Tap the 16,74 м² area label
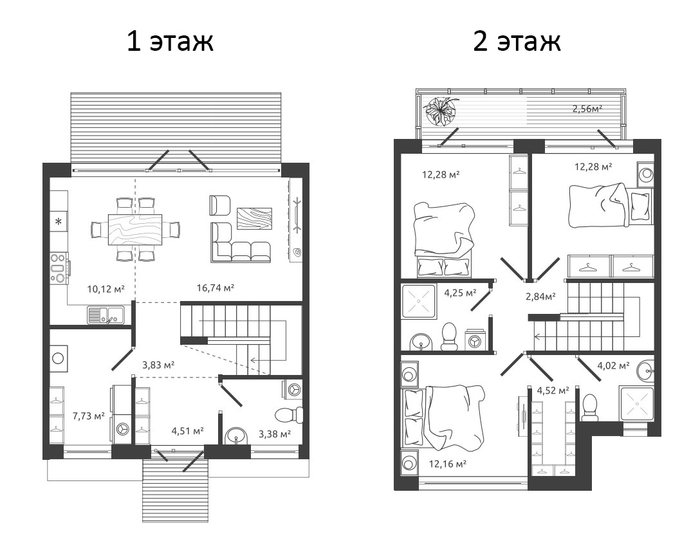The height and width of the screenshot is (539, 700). coord(214,288)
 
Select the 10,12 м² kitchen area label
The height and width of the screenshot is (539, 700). coord(106,289)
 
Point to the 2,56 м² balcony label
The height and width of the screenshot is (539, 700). coord(587,109)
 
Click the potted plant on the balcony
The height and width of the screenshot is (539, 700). coord(442,111)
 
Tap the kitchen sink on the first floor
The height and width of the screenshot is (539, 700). coord(106,315)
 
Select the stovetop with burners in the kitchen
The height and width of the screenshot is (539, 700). coord(58,268)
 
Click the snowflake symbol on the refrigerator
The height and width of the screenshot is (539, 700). coord(58,222)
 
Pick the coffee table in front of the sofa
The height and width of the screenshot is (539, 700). coord(254,218)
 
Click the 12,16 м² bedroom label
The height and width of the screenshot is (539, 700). coord(447,462)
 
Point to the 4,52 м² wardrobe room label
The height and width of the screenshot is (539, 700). coord(553,390)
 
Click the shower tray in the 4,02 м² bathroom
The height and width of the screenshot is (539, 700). coord(636,404)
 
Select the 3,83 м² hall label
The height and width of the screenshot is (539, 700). coord(159,364)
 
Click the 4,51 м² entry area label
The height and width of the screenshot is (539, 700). coord(187,430)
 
